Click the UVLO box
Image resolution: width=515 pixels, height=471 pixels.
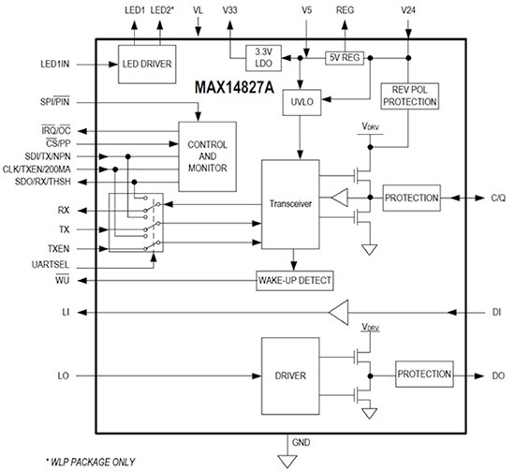301,102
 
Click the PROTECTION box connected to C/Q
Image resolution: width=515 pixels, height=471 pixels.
411,199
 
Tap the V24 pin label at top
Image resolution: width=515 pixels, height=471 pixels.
407,9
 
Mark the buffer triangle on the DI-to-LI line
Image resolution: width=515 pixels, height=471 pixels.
341,312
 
